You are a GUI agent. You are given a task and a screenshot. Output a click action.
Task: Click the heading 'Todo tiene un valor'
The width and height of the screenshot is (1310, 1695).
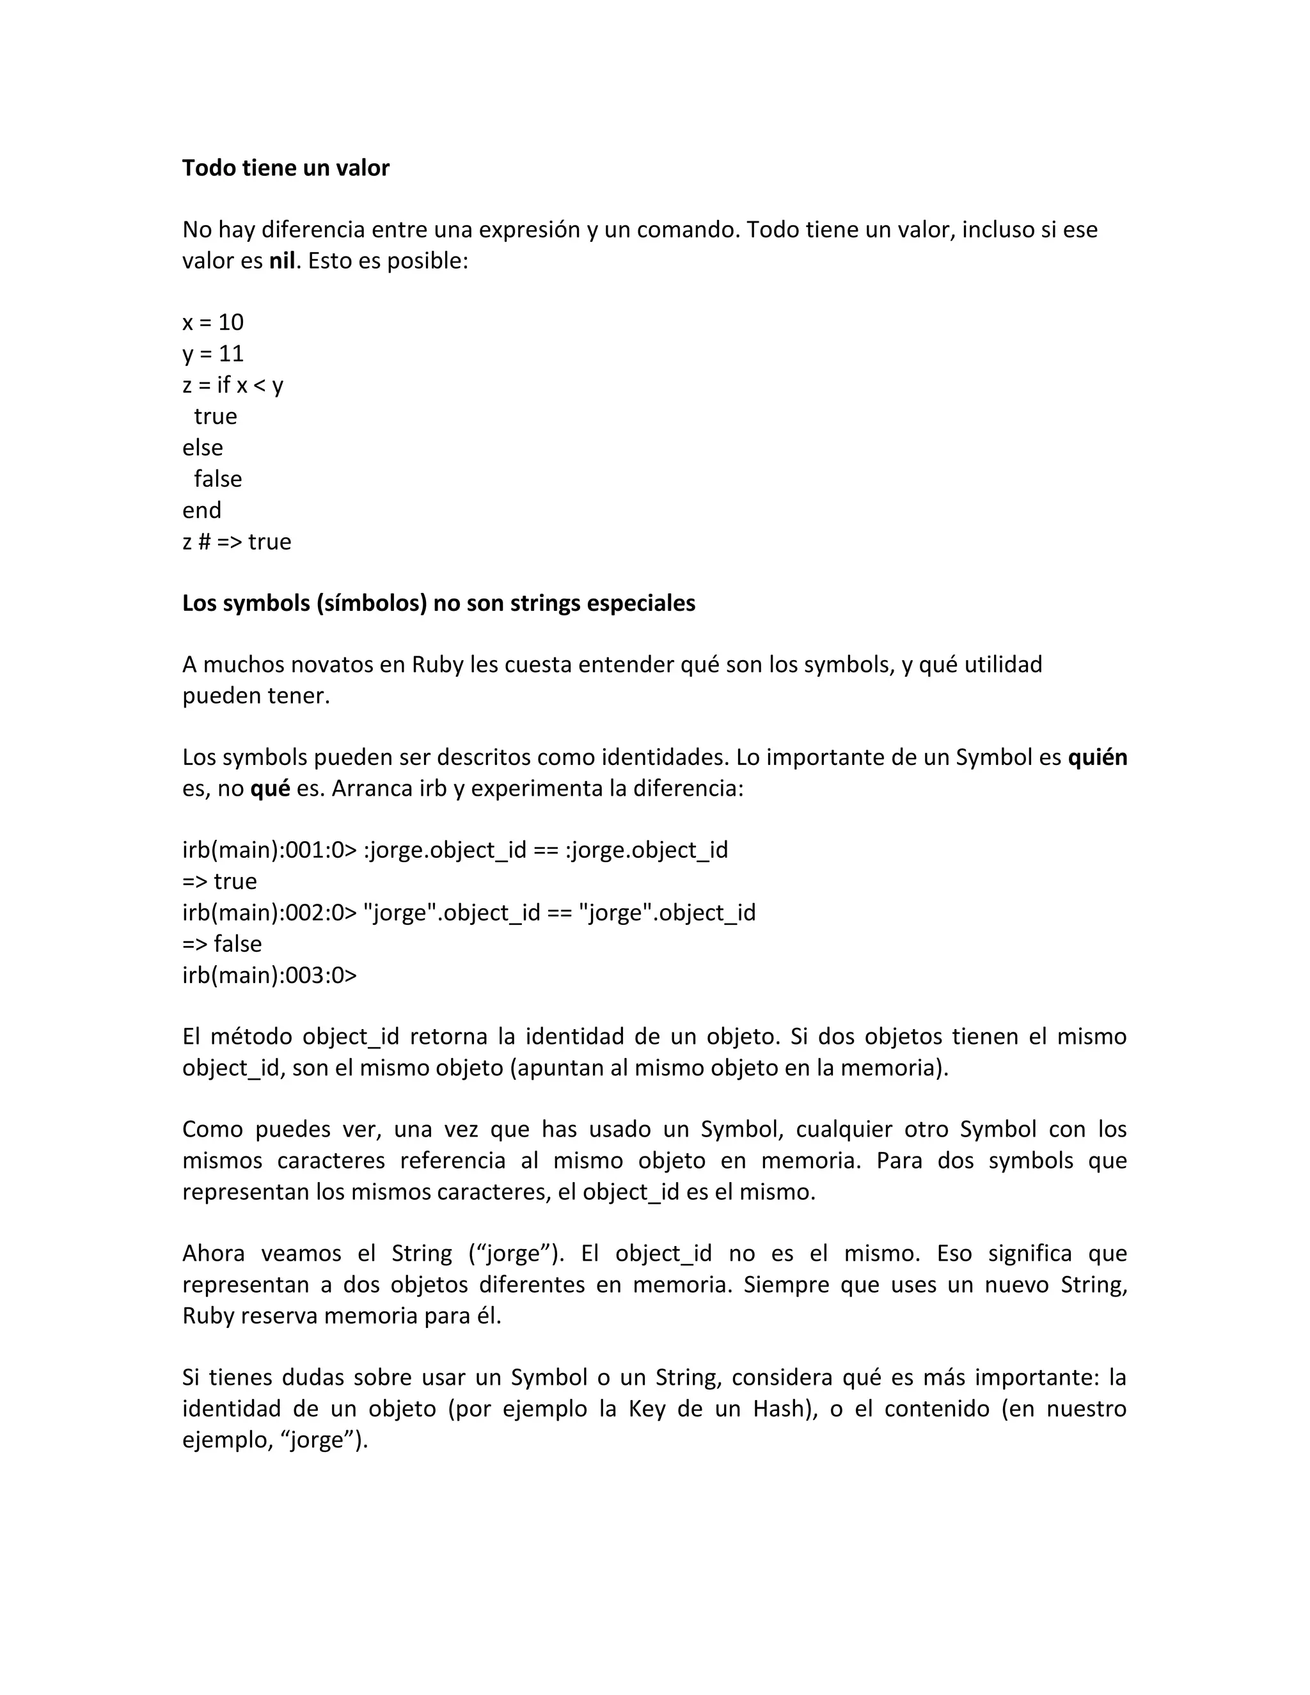285,168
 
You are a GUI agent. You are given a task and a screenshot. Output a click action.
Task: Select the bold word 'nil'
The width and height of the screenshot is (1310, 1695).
281,261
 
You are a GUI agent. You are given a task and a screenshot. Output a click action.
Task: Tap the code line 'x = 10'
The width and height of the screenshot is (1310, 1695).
212,322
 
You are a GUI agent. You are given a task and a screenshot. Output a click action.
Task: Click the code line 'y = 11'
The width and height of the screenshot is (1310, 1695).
212,354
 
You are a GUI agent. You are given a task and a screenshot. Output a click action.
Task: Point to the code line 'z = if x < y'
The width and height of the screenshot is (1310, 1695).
233,385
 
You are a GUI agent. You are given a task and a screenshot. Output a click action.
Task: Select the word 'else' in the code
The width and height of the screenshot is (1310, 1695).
203,448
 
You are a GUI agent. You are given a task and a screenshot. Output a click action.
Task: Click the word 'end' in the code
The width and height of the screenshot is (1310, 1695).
201,510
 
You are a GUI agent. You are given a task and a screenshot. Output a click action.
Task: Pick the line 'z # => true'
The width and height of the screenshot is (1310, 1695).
237,542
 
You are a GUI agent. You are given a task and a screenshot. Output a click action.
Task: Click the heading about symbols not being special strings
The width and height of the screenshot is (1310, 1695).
438,603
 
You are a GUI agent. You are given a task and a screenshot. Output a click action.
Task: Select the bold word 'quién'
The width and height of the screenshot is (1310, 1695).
1098,757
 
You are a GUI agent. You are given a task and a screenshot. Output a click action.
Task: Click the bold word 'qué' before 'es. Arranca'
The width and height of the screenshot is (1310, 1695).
270,789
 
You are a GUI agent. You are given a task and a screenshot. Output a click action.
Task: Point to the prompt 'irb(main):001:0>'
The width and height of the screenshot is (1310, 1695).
269,851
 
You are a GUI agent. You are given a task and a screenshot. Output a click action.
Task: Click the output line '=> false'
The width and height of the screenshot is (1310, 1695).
222,943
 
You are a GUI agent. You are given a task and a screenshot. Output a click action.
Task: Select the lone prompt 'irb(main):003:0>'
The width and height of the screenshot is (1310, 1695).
269,975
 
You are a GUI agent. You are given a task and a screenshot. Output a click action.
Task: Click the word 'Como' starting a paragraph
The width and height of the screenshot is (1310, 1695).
210,1129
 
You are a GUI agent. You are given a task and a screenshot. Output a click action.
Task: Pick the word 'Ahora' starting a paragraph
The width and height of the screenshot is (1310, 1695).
214,1254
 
